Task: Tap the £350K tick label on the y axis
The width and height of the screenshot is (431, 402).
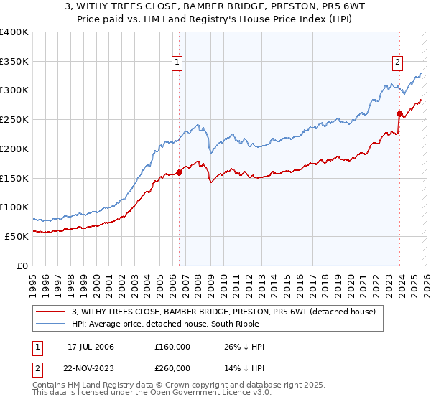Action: (x=14, y=62)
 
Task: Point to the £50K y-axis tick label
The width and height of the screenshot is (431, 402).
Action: (x=17, y=236)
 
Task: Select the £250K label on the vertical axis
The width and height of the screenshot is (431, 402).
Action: (x=14, y=120)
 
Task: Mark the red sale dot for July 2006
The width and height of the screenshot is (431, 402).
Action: (x=179, y=172)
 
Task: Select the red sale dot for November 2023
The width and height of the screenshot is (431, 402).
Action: (x=399, y=113)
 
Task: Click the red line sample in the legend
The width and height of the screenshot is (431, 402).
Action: (x=51, y=312)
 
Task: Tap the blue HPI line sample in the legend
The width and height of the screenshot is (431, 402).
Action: (x=51, y=324)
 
